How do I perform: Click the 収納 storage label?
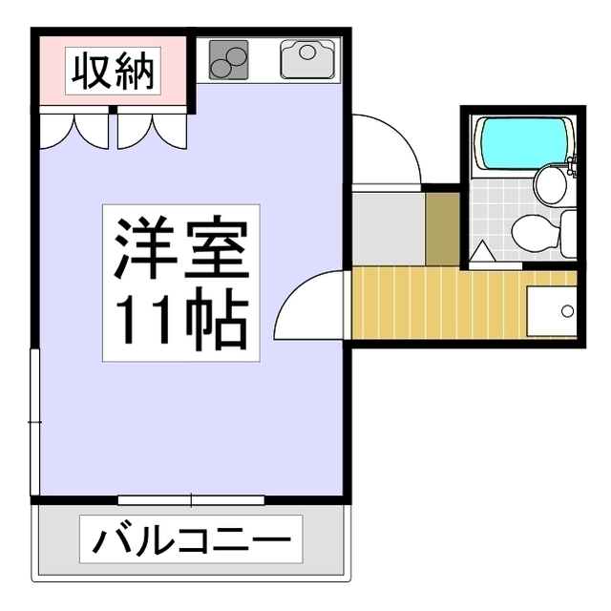(x=113, y=73)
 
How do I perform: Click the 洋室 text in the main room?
(x=181, y=249)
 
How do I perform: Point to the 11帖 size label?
(x=181, y=320)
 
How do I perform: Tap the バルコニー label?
(x=191, y=541)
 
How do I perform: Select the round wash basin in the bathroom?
(x=551, y=183)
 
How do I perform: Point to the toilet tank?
(x=567, y=234)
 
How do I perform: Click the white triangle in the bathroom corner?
(x=482, y=252)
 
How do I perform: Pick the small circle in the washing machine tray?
(x=568, y=311)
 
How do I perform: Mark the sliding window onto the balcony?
(x=191, y=499)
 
